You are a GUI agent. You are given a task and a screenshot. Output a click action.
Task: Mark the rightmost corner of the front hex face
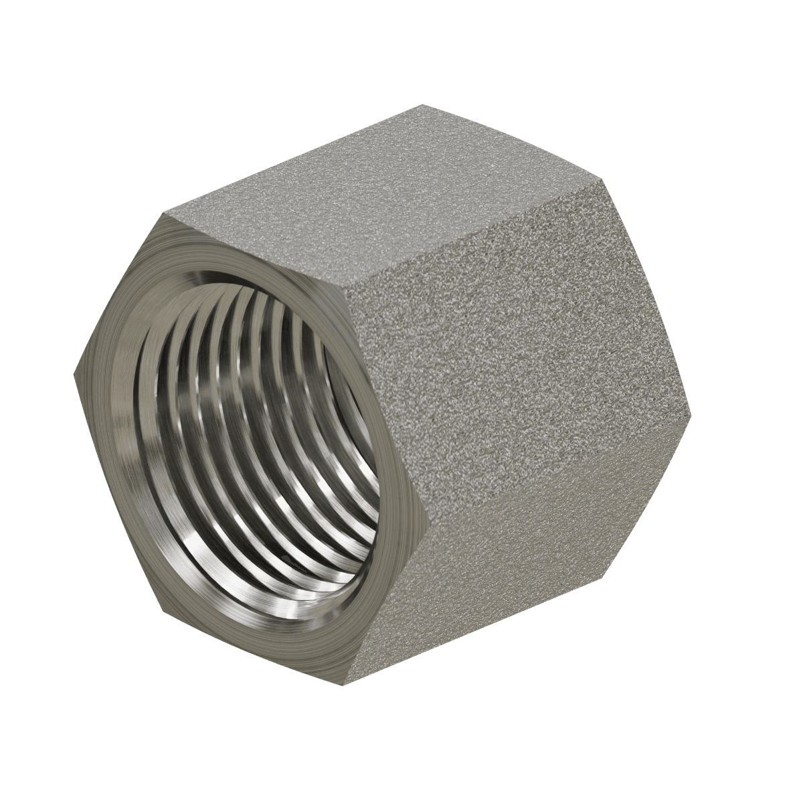429,516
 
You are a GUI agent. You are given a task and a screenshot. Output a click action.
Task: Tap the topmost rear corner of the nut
422,104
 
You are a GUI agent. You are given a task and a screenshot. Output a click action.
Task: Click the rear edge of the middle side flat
646,294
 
